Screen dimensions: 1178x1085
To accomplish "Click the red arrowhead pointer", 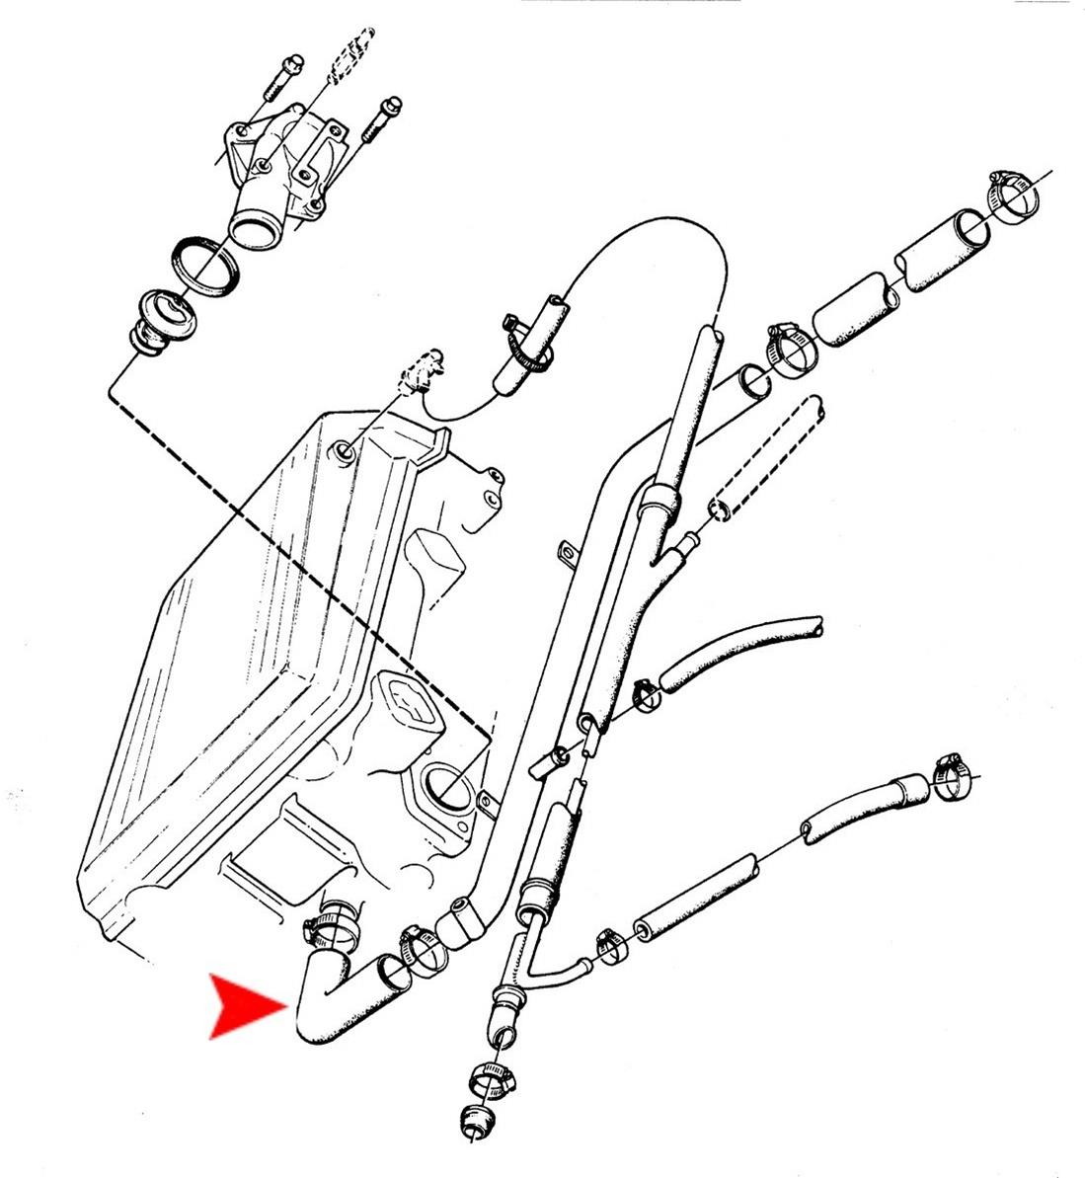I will click(x=245, y=1006).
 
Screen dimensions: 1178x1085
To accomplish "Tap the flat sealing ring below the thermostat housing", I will click(x=205, y=264).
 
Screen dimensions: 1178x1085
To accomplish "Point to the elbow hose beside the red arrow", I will click(x=331, y=997).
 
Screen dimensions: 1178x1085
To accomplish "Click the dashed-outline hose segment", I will click(x=764, y=458).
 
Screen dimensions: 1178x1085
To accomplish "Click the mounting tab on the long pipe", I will click(x=569, y=553).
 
